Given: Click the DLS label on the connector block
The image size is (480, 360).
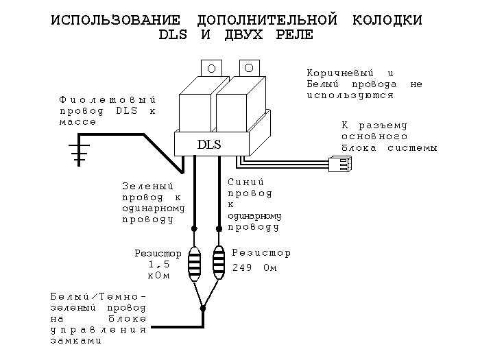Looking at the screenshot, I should click(209, 145).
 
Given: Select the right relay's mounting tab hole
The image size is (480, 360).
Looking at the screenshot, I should click(249, 67).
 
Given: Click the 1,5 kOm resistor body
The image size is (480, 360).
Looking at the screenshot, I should click(195, 261).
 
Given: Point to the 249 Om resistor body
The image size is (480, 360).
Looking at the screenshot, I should click(219, 261).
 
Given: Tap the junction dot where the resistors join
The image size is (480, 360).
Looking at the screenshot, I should click(203, 309).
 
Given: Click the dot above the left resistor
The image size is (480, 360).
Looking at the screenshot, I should click(195, 228).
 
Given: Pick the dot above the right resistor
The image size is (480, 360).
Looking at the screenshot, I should click(219, 228).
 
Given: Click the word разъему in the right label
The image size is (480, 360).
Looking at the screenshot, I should click(385, 125).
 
